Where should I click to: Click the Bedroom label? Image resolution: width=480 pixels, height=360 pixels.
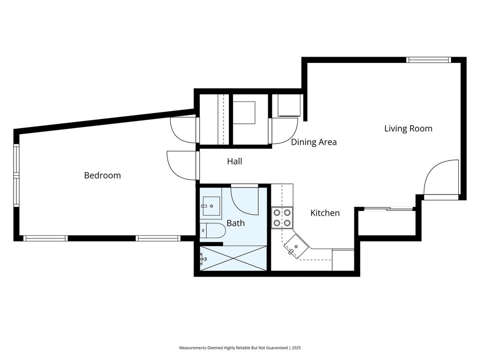102,175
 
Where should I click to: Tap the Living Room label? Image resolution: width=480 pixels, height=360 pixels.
408,128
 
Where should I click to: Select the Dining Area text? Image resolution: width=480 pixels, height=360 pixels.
314,142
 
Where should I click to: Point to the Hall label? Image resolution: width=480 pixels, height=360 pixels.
234,161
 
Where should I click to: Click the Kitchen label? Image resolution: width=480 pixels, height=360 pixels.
325,213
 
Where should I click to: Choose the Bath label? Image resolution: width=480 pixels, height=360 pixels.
236,223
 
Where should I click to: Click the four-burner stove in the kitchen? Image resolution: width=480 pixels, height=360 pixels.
282,217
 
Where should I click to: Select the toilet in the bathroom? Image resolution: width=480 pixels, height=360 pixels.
212,231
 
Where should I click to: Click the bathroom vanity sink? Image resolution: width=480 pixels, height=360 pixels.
211,206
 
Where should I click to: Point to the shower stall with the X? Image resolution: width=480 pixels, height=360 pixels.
233,258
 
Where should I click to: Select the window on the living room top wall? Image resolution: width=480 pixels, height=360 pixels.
428,60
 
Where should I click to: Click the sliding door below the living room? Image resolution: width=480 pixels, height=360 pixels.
388,209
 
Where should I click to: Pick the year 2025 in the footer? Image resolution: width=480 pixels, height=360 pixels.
296,348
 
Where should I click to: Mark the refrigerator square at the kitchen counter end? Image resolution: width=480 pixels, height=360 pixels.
343,260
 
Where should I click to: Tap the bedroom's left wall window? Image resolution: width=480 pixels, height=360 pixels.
16,175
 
